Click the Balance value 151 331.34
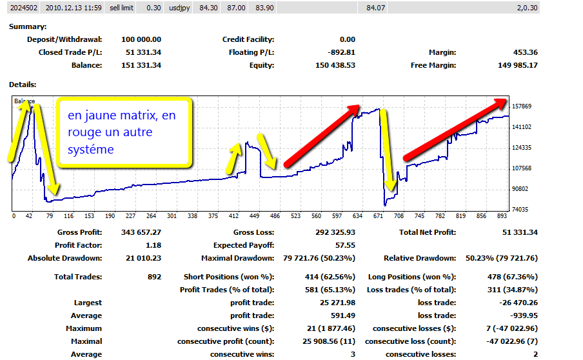coord(141,65)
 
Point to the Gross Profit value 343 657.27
coord(141,232)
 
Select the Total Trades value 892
coord(154,277)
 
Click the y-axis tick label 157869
coord(523,106)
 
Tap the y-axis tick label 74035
coord(522,210)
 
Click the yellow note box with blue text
coord(124,132)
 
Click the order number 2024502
coord(23,8)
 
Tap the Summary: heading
coord(28,26)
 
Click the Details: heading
coord(23,84)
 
